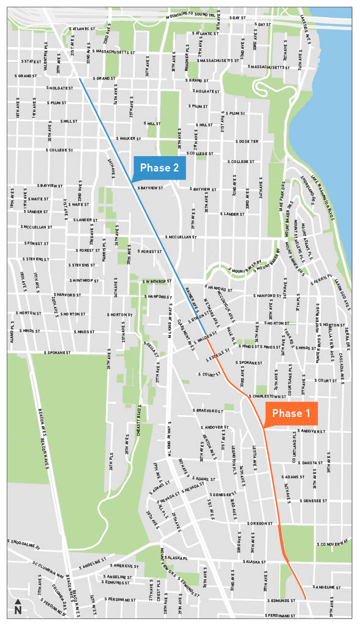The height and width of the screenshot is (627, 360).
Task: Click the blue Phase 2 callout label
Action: pos(160,168)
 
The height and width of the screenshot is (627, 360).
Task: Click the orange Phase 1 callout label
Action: pos(291,413)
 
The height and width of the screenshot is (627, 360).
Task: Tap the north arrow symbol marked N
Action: pos(18,607)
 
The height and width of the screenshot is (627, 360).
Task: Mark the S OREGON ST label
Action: pos(260,524)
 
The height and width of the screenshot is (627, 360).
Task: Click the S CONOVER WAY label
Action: pos(333,544)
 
